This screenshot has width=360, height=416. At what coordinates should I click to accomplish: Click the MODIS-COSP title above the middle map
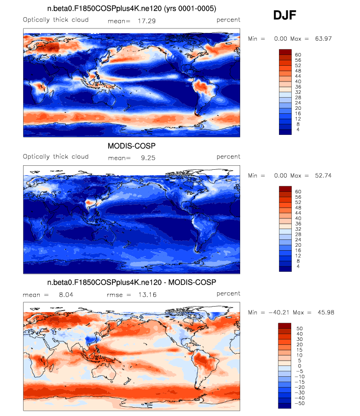[x=131, y=146]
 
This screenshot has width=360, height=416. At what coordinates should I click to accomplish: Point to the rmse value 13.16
[x=147, y=295]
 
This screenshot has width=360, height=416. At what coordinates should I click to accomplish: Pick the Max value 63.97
[x=320, y=38]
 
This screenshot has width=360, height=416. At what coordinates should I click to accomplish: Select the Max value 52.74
[x=320, y=175]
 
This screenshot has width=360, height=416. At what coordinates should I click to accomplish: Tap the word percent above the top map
[x=228, y=20]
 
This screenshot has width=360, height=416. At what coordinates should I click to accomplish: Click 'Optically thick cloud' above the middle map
[x=55, y=157]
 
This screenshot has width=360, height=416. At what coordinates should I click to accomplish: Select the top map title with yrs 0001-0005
[x=131, y=9]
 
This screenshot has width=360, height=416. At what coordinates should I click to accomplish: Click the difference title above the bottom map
[x=131, y=283]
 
